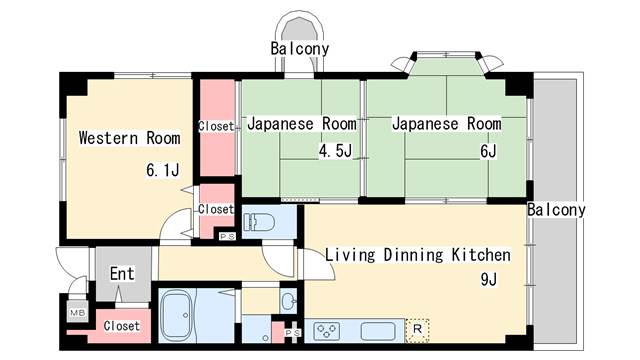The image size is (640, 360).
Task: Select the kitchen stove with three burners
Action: click(325, 330)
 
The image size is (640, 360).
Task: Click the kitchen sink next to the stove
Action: click(379, 330)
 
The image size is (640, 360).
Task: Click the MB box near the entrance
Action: click(76, 313)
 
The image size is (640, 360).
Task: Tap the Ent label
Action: click(122, 273)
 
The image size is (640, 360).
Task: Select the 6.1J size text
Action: click(162, 170)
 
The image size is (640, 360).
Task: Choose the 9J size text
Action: click(489, 280)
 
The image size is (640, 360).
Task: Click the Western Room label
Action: click(129, 137)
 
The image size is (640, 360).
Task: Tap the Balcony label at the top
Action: click(299, 48)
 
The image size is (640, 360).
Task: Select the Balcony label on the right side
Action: click(556, 210)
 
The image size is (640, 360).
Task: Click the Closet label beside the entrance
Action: click(121, 326)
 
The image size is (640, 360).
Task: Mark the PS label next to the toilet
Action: click(227, 236)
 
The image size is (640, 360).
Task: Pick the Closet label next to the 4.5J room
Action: click(216, 126)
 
